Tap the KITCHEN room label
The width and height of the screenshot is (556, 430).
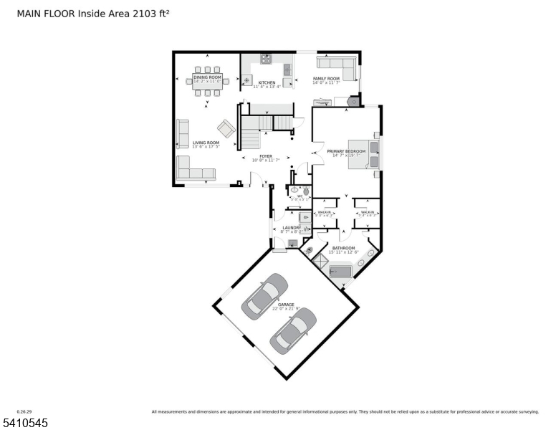coord(267,83)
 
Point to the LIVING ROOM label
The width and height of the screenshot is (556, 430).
coord(206,143)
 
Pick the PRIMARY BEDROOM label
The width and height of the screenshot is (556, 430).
coord(347,151)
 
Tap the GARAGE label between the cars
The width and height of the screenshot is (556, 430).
coord(286,305)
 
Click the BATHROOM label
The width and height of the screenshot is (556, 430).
coord(343,248)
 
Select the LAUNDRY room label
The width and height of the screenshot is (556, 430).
coord(292,228)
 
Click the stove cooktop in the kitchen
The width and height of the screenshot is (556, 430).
coord(266,59)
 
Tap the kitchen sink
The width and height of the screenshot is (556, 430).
coord(287,70)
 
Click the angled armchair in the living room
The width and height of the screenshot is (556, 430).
coord(226,129)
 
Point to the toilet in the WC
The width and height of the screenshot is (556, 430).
coord(306,191)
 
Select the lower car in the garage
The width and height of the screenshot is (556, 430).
coord(292,330)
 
